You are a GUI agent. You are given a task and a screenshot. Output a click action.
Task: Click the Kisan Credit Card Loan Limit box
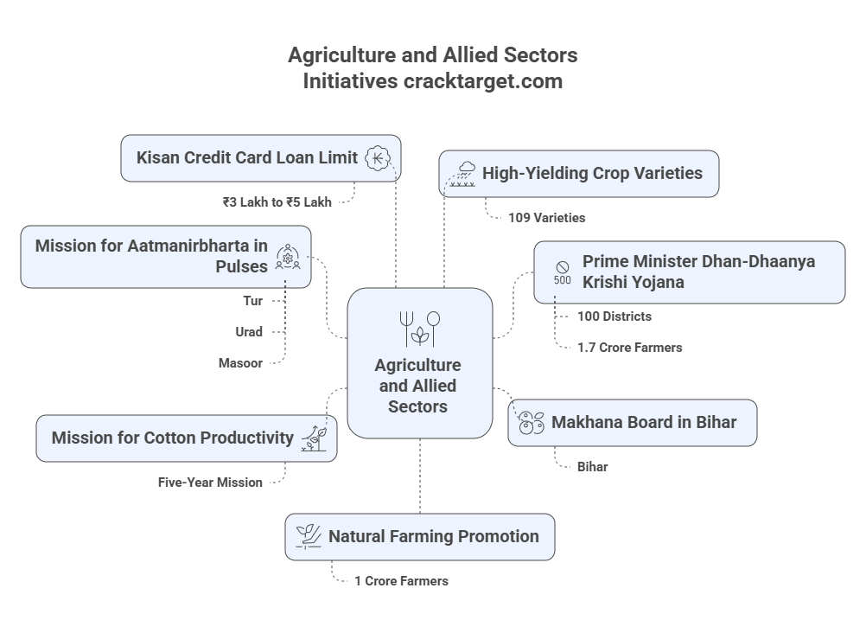(260, 158)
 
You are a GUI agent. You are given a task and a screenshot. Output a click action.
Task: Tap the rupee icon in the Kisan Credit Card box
(378, 158)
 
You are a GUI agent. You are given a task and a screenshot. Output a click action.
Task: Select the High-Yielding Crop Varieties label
(592, 173)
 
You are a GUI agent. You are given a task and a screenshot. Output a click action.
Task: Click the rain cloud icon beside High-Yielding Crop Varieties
(461, 173)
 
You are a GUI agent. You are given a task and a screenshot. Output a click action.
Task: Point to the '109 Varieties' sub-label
(547, 218)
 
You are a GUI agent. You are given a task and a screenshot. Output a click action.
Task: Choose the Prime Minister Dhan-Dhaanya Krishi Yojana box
(689, 272)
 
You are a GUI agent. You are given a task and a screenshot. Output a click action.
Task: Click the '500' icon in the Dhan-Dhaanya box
(562, 272)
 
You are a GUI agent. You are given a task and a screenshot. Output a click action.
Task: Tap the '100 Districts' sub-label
(614, 316)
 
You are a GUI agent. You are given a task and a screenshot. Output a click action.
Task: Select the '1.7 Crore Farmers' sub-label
(630, 348)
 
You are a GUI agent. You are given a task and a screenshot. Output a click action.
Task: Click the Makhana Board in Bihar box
(632, 423)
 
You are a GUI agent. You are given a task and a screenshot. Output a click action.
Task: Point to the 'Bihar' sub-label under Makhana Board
(592, 467)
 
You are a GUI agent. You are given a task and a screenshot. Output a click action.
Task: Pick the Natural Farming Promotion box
(420, 537)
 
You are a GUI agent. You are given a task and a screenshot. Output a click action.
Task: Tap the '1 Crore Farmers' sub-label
(401, 581)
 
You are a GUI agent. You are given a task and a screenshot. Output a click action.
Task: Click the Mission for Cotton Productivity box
(187, 438)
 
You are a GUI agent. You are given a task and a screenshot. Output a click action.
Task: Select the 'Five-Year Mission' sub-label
(210, 483)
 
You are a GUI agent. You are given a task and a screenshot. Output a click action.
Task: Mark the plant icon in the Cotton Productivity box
(314, 438)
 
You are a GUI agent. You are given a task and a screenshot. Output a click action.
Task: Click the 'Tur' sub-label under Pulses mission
(252, 301)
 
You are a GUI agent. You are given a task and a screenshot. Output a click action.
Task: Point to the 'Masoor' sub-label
(240, 363)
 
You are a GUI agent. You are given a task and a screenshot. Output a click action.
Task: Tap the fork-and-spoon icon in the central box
(419, 328)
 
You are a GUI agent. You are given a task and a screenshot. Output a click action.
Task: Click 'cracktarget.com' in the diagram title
(481, 81)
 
